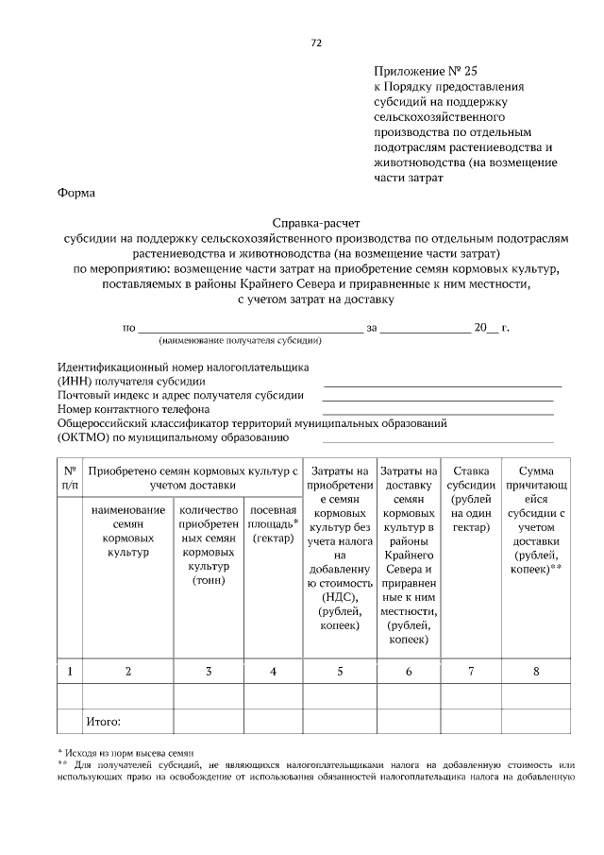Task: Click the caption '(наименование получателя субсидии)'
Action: click(x=242, y=340)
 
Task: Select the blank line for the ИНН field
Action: click(x=443, y=385)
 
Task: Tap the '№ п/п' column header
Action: click(x=70, y=476)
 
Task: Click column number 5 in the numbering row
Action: click(x=341, y=672)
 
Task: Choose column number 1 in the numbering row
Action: click(x=70, y=672)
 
